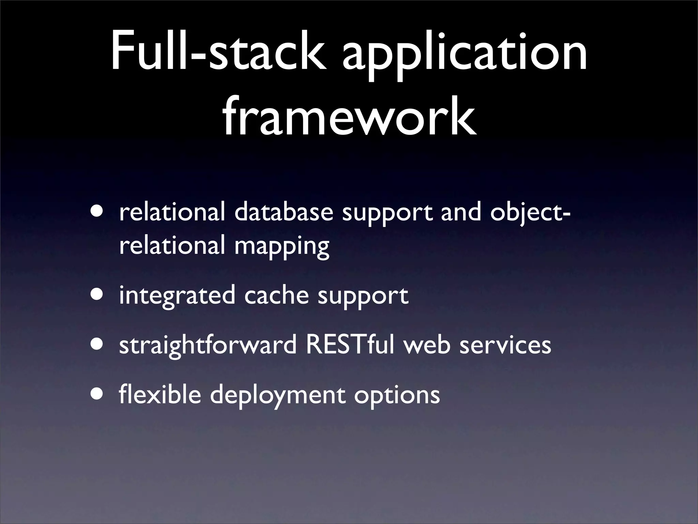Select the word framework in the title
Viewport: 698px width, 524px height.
(349, 116)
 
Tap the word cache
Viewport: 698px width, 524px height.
(276, 295)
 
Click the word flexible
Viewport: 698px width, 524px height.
(160, 394)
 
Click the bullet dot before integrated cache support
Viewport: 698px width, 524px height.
(98, 294)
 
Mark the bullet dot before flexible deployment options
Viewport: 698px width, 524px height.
(98, 394)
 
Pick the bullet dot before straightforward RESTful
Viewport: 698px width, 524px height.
(98, 344)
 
